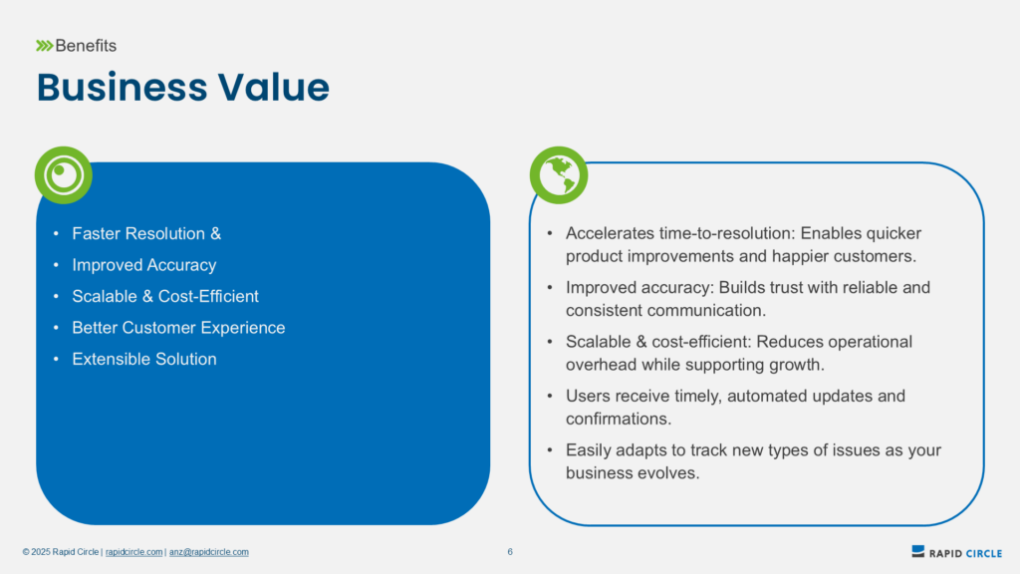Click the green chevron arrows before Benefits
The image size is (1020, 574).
[x=44, y=46]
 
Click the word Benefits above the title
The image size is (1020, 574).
[x=86, y=46]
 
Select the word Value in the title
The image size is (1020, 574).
[x=274, y=88]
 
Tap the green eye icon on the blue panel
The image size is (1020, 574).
[x=63, y=175]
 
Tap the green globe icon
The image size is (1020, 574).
[x=559, y=175]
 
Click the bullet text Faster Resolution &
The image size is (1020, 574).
[x=146, y=233]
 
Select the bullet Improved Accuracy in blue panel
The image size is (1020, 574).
[x=143, y=265]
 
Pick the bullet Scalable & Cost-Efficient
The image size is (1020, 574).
[x=165, y=296]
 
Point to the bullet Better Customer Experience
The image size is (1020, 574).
[x=178, y=327]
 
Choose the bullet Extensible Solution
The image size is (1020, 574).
[x=144, y=359]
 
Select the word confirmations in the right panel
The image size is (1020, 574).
[x=619, y=419]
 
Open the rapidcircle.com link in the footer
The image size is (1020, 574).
[x=134, y=552]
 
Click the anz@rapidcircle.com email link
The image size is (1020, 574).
[x=209, y=552]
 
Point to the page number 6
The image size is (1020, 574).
[x=510, y=552]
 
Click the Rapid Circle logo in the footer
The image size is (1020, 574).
[x=956, y=552]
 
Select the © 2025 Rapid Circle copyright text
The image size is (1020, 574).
[x=61, y=552]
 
